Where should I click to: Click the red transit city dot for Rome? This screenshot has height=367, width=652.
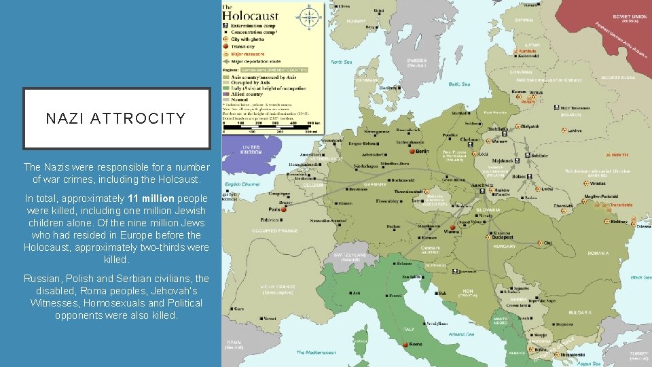click(405, 345)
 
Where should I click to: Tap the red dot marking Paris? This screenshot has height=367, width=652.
click(284, 209)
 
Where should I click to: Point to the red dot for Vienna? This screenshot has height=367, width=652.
click(452, 227)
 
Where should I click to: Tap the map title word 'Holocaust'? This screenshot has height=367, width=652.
click(251, 16)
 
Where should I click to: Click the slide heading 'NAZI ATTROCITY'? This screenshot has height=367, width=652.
click(116, 118)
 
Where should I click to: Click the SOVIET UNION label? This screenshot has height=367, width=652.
click(629, 16)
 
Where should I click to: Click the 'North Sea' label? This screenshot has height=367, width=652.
click(341, 62)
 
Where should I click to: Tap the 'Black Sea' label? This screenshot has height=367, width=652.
click(640, 277)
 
